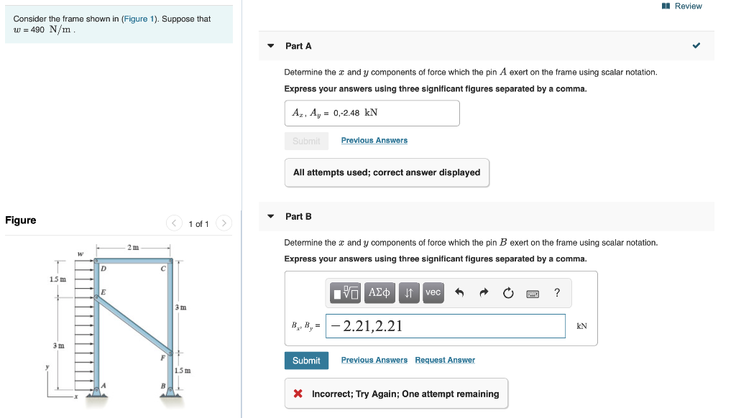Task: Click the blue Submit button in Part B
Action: click(x=306, y=361)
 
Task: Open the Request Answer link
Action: click(x=445, y=360)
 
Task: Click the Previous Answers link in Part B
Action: click(x=374, y=360)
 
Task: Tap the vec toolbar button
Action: click(x=433, y=293)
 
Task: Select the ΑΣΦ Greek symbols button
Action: click(x=380, y=293)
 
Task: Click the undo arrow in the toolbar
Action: click(x=460, y=293)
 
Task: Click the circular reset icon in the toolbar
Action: click(x=508, y=293)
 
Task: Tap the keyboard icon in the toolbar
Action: click(x=533, y=293)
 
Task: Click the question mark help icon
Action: click(x=557, y=292)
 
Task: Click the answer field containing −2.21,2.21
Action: click(x=446, y=326)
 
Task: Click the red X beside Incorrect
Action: click(x=298, y=394)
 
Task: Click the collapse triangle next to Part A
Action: click(x=271, y=46)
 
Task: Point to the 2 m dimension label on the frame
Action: click(x=132, y=248)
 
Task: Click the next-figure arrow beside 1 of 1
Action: click(x=224, y=223)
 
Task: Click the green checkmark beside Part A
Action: click(x=696, y=46)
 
